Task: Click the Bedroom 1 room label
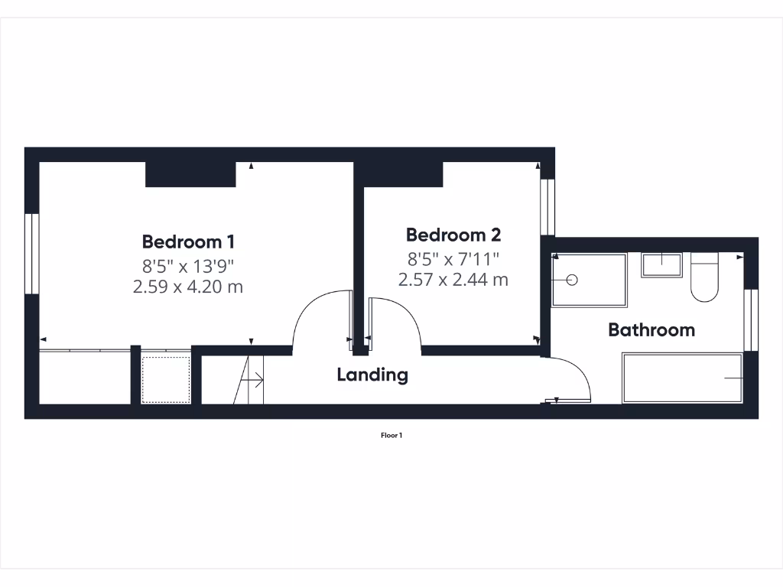188,242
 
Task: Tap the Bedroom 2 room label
453,235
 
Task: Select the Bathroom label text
651,330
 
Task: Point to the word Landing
372,375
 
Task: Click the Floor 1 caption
391,436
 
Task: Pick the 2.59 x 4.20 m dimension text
188,287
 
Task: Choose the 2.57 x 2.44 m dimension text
453,280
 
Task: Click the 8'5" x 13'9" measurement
188,266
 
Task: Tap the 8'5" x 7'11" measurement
453,258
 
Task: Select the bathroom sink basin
662,264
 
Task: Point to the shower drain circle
571,281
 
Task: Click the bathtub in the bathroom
682,378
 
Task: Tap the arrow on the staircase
253,378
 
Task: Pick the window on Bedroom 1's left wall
31,253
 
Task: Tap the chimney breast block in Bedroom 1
190,174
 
